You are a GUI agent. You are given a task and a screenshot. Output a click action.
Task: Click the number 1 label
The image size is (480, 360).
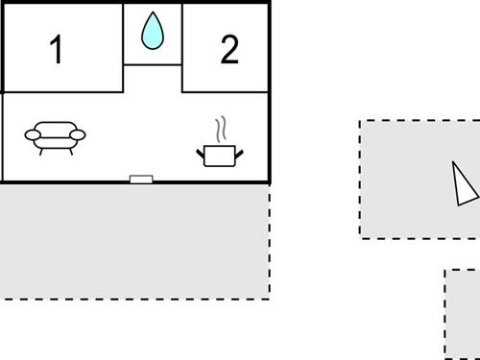point(57,50)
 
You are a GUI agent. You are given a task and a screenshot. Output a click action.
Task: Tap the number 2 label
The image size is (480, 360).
point(228,50)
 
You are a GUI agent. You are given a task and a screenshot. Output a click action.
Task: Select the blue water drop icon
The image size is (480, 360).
point(153,31)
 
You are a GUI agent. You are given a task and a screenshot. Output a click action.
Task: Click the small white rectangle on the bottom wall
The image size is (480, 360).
point(141,178)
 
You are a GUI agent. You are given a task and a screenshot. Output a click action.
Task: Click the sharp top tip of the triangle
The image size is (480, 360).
point(456,162)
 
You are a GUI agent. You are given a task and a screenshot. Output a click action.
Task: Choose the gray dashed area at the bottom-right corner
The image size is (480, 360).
point(464,314)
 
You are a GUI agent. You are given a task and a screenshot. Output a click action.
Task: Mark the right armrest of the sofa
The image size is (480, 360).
point(81,135)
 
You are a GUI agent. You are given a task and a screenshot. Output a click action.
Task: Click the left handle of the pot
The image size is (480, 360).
point(201,150)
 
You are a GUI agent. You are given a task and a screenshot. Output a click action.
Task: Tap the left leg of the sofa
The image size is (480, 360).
point(39,152)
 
